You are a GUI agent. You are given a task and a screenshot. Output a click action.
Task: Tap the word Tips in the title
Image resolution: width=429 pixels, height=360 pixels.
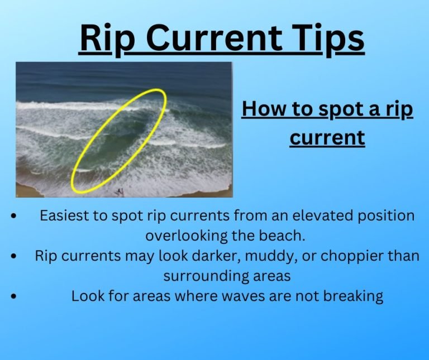(x=328, y=38)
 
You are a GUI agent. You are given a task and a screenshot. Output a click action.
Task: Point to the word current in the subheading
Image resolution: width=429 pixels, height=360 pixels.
(x=327, y=137)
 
